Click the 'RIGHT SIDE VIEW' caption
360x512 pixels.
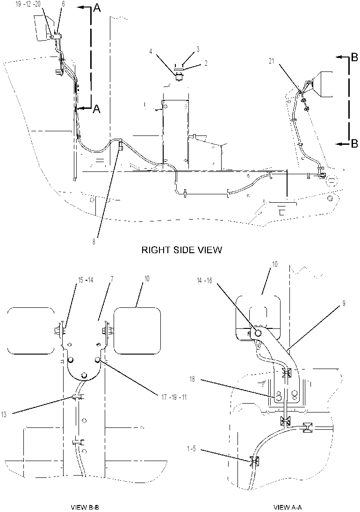point(181,250)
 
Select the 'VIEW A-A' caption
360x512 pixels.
point(288,507)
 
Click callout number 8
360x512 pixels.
point(94,242)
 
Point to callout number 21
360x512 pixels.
point(272,61)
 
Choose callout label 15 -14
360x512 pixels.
point(85,280)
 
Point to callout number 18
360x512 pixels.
point(192,379)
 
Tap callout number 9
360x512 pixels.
point(344,304)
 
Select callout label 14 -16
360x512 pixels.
point(204,280)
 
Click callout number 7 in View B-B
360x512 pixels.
point(112,280)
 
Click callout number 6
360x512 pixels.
point(63,4)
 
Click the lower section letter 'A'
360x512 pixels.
point(97,109)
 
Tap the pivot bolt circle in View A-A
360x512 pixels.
point(258,333)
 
